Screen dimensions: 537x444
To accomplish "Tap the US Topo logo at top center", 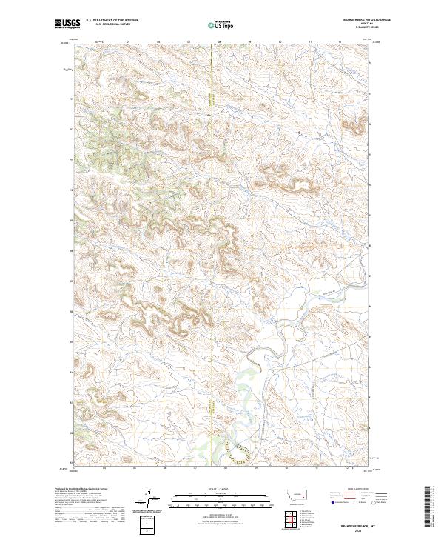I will click(x=221, y=25).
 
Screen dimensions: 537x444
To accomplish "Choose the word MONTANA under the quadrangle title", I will click(x=358, y=24).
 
